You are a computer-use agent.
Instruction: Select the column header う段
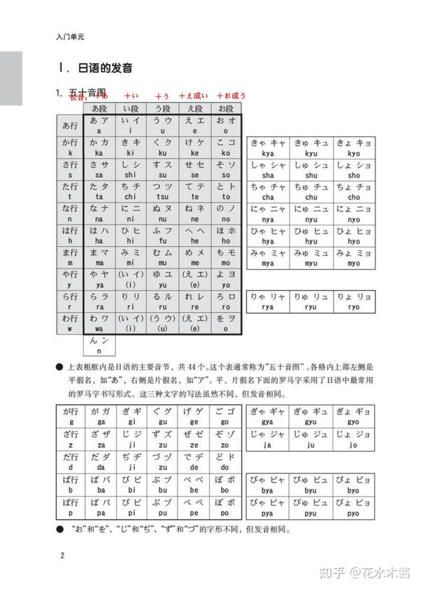(162, 109)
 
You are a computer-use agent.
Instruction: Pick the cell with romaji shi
(131, 169)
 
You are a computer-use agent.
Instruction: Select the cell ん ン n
(99, 345)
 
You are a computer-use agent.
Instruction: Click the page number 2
(62, 557)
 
